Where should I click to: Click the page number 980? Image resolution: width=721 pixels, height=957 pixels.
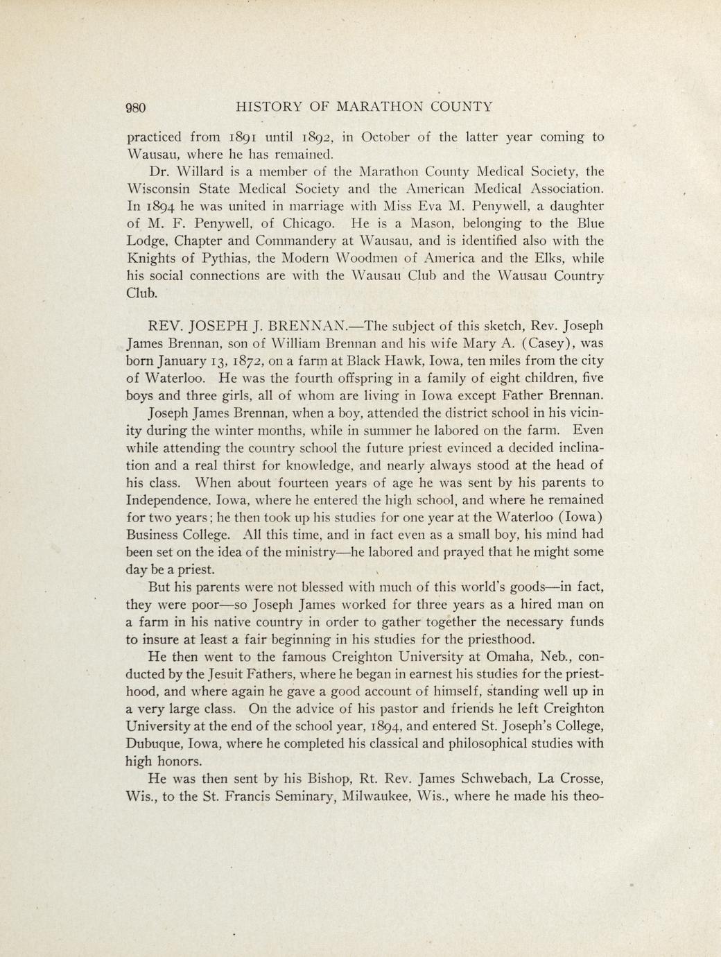(x=136, y=107)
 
